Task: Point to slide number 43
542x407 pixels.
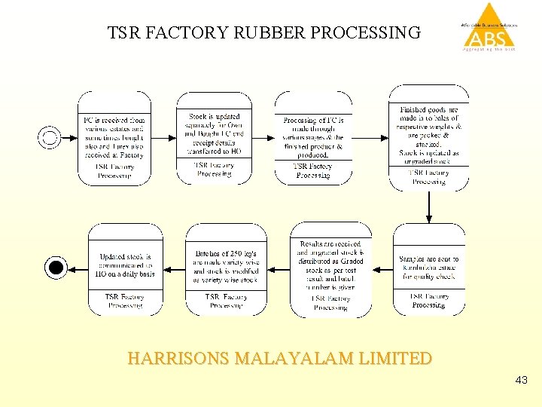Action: tap(521, 381)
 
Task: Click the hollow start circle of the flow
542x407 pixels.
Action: tap(50, 138)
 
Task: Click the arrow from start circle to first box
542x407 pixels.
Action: tap(69, 138)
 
